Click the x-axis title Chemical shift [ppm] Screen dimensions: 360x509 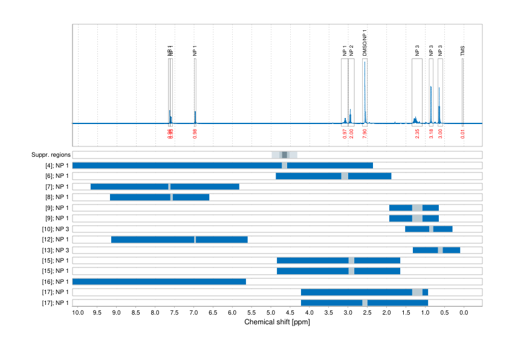tap(277, 322)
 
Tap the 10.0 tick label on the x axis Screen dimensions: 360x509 tap(78, 312)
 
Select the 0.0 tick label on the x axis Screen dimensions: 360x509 tap(464, 312)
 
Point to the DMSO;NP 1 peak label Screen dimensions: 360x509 tap(365, 42)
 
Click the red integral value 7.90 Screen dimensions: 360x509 tap(365, 134)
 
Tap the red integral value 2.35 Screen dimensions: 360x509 tap(417, 134)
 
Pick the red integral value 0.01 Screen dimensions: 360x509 tap(463, 134)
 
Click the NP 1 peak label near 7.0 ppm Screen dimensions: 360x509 tap(195, 51)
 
